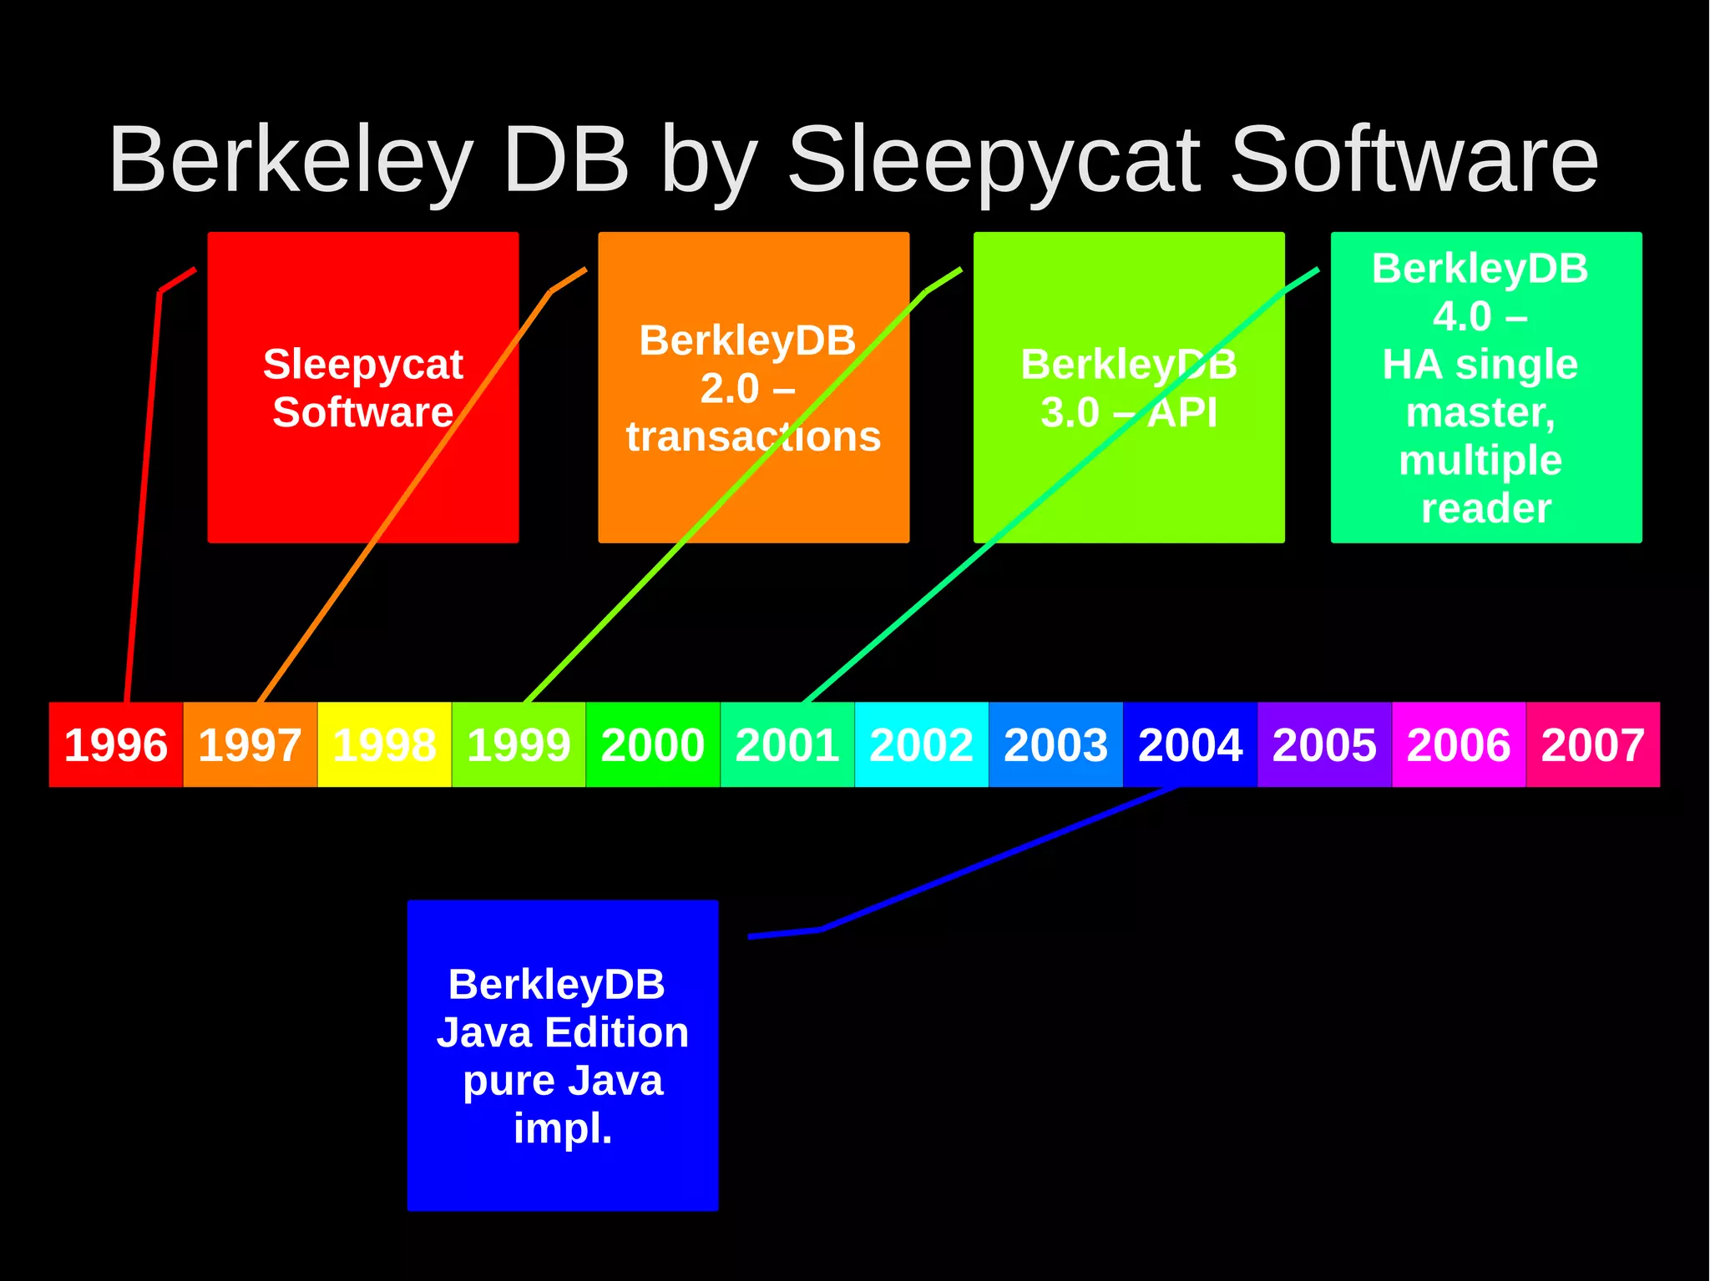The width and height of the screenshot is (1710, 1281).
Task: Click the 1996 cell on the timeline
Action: tap(116, 744)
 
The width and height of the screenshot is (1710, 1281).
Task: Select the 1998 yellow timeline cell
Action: tap(384, 744)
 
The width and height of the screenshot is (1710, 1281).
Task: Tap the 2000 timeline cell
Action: tap(653, 744)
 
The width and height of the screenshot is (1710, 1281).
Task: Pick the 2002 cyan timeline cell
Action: tap(921, 744)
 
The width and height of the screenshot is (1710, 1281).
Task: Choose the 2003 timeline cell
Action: tap(1055, 744)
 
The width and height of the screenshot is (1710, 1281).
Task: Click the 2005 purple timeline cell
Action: tap(1324, 744)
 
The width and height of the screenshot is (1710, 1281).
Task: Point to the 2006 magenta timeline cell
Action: tap(1459, 744)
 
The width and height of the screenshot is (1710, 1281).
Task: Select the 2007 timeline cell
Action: tap(1593, 744)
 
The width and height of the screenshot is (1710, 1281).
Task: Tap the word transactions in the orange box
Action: tap(753, 436)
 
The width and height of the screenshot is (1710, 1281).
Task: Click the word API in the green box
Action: tap(1182, 412)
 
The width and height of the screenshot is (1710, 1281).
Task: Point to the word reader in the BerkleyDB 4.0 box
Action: tap(1486, 507)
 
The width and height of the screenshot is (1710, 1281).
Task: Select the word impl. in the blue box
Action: tap(563, 1128)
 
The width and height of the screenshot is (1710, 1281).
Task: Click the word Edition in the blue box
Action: tap(617, 1032)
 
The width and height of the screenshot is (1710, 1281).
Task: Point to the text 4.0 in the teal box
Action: tap(1462, 316)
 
